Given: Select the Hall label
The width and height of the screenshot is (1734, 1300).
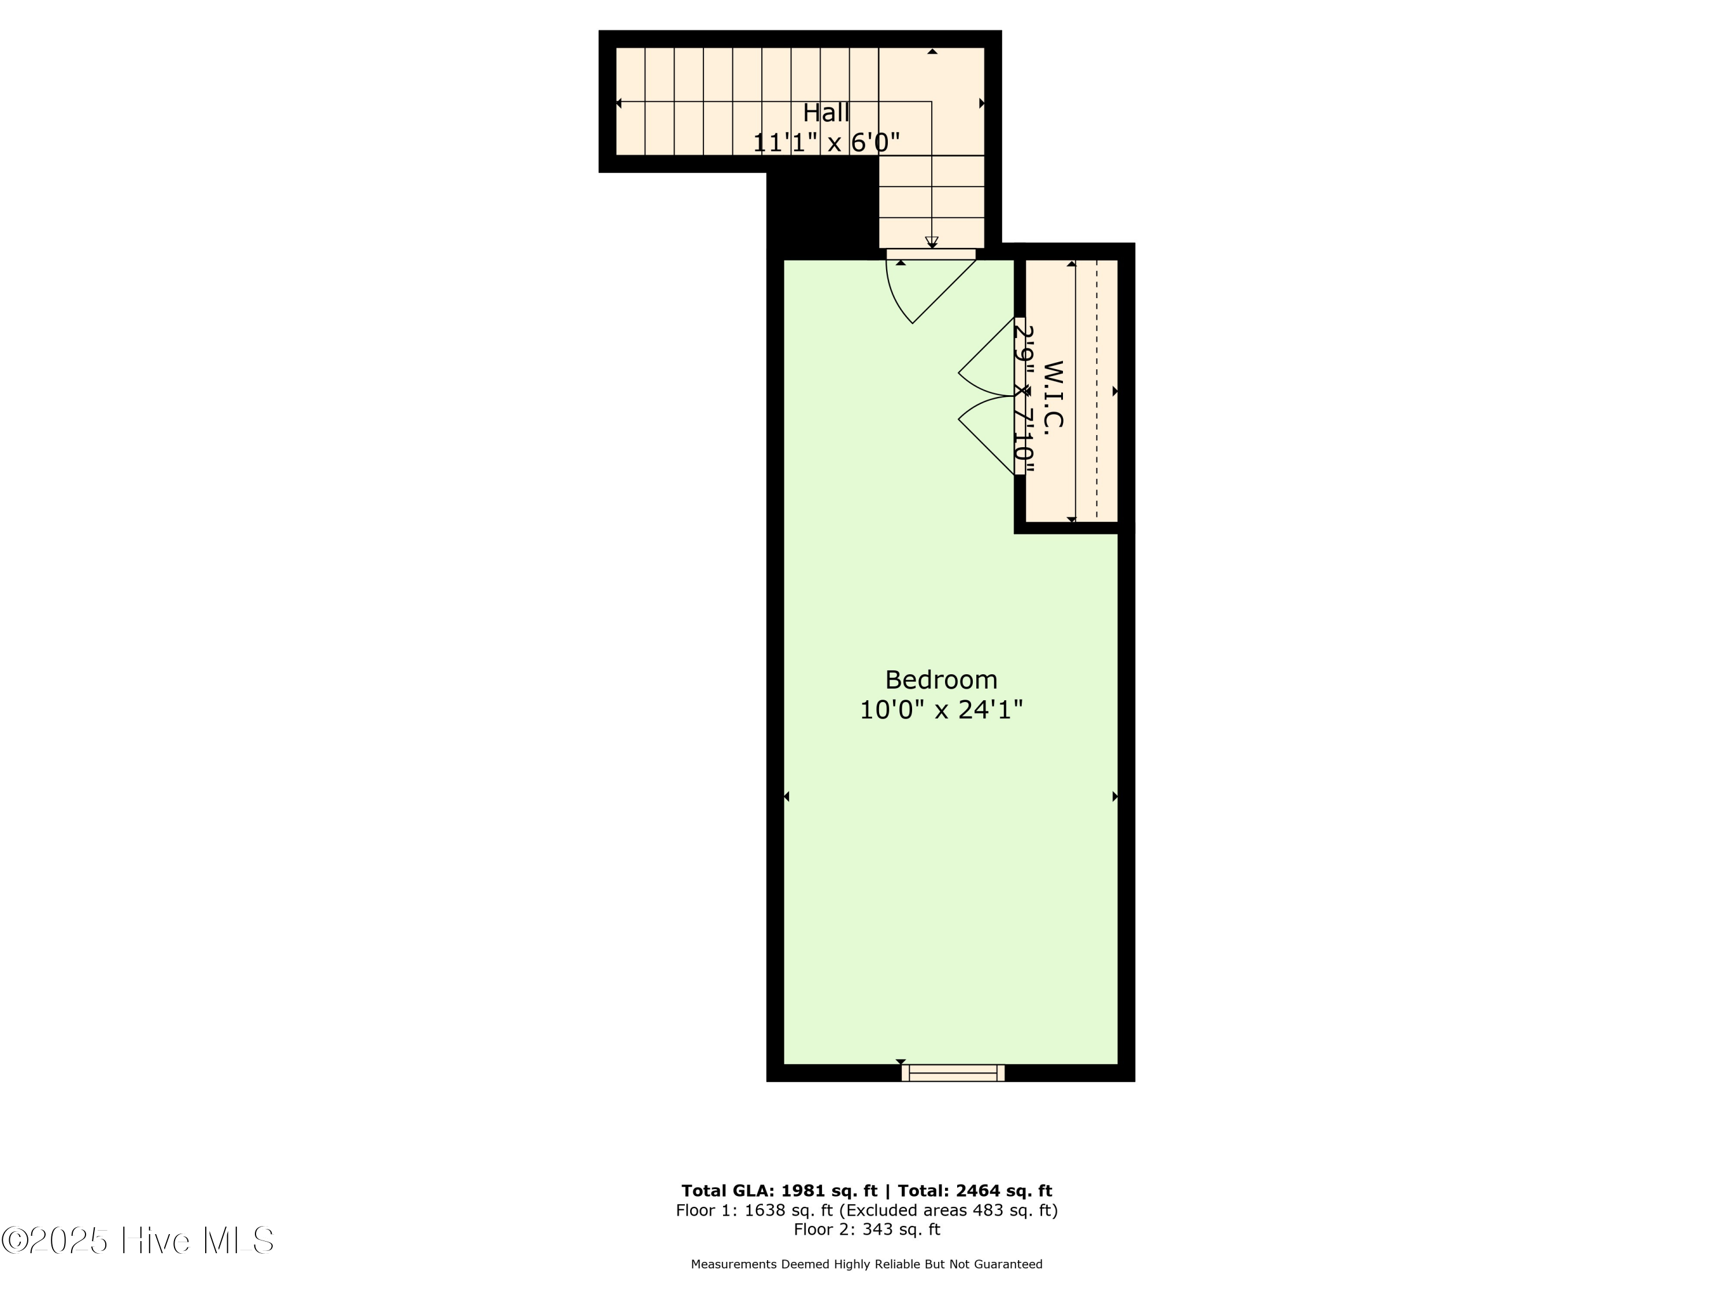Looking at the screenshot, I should [x=825, y=113].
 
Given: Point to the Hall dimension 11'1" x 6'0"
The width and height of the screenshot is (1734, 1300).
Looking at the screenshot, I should [x=825, y=143].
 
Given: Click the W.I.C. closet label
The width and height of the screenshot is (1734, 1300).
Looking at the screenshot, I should [x=1053, y=394].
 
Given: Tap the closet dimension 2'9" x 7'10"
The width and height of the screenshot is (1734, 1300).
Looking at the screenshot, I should [x=1022, y=398].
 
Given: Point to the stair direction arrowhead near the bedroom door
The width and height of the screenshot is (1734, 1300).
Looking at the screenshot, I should [x=931, y=242].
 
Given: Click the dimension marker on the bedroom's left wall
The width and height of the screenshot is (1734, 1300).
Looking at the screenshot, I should [x=786, y=797].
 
